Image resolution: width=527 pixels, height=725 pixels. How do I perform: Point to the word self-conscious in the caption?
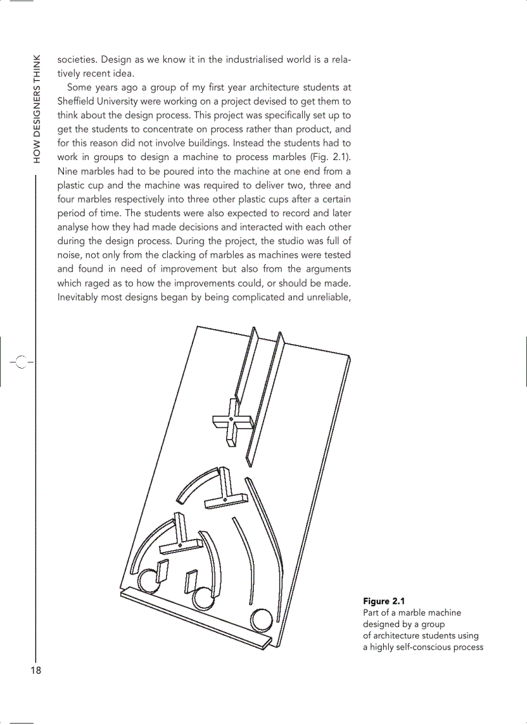click(x=420, y=647)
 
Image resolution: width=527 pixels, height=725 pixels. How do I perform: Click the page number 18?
click(x=35, y=671)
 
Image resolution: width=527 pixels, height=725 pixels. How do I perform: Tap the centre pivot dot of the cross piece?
click(x=231, y=420)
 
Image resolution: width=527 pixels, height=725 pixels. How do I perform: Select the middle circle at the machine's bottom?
click(x=203, y=598)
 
